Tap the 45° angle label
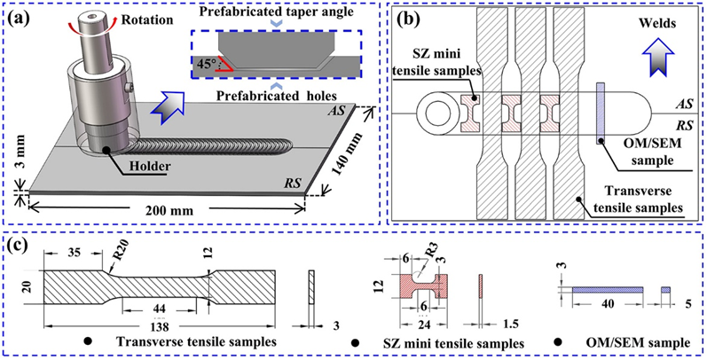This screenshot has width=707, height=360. coord(201,62)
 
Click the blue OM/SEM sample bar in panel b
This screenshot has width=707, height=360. coord(601,113)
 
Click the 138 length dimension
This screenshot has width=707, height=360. coord(158,325)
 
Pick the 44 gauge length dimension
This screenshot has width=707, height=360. coord(158,309)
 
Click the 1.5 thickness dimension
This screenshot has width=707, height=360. coord(509,324)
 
